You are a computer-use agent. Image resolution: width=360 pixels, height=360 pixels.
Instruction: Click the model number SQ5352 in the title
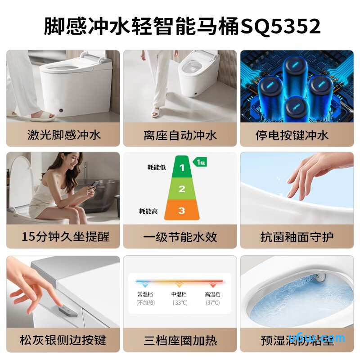[281, 26]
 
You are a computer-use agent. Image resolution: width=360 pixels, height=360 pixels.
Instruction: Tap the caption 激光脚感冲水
[63, 135]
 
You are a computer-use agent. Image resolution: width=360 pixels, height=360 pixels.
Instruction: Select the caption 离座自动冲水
[180, 135]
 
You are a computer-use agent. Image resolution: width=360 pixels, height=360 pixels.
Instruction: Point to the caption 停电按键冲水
[297, 135]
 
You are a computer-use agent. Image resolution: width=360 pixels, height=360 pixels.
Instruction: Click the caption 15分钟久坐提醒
[63, 236]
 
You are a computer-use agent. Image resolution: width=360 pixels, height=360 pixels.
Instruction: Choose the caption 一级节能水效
[180, 236]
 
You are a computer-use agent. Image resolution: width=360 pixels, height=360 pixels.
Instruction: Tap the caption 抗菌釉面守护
[297, 236]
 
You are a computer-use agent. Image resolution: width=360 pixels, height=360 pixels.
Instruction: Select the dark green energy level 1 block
[182, 168]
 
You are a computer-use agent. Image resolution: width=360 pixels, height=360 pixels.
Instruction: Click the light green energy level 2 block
[181, 189]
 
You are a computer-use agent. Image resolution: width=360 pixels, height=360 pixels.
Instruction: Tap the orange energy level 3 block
[181, 210]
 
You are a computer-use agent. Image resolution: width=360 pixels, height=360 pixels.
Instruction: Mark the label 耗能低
[156, 167]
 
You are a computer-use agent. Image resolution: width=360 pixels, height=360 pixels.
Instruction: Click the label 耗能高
[148, 210]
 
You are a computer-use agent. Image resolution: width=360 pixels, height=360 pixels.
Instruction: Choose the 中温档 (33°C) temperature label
[179, 298]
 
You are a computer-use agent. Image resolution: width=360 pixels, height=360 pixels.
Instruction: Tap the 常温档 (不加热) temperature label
[145, 298]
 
